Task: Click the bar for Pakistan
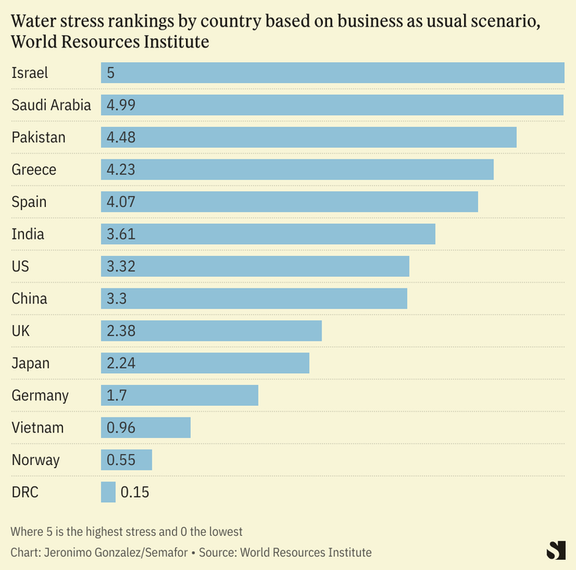pos(308,138)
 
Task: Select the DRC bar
pos(108,492)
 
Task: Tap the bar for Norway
pos(126,460)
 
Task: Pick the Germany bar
pos(179,395)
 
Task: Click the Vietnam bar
pos(146,428)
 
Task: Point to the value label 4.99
pos(121,105)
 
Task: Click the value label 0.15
pos(135,492)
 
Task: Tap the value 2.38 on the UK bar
pos(121,330)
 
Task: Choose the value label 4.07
pos(121,202)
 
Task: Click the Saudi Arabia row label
pos(51,105)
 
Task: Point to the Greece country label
pos(34,170)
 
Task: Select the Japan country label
pos(30,363)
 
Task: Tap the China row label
pos(30,299)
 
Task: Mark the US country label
pos(20,267)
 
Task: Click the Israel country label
pos(30,73)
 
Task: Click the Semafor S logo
pos(555,550)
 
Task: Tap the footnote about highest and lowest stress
pos(127,532)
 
